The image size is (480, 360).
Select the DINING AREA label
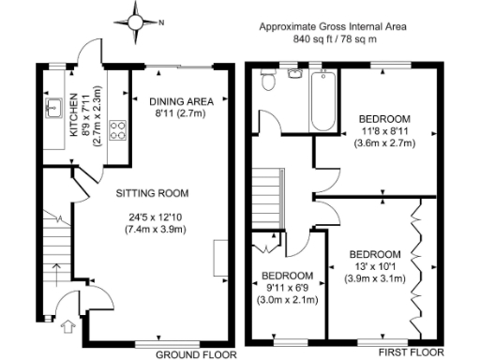183,101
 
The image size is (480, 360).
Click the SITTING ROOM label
152,194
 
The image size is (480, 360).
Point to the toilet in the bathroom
269,82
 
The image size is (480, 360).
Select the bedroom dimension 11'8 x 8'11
385,132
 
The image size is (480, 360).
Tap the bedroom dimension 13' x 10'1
375,267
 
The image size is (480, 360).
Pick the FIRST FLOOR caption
411,353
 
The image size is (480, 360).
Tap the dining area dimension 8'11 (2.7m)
183,113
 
